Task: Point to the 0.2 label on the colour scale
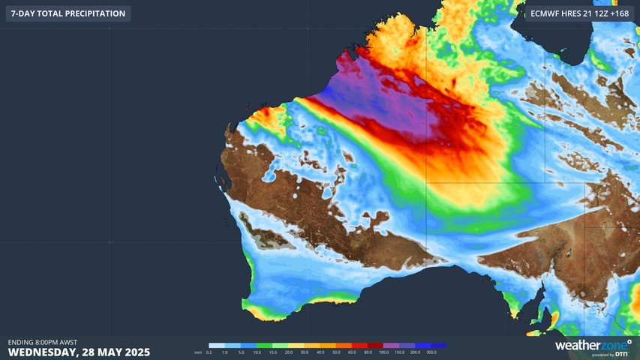point(209,352)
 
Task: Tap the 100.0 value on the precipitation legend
point(383,352)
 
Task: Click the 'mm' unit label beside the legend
point(197,352)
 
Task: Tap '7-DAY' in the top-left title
point(23,13)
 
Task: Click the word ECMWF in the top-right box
point(545,13)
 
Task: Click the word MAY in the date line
point(109,352)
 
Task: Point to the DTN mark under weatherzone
point(623,354)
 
